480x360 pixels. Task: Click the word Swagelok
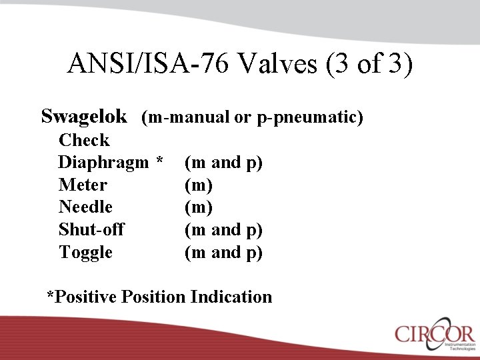click(84, 117)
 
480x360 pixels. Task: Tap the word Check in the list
click(84, 140)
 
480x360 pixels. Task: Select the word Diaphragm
click(103, 163)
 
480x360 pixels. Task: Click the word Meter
click(83, 185)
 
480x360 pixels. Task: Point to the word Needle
click(85, 207)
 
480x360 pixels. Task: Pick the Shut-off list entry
click(91, 230)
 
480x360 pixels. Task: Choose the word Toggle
click(85, 253)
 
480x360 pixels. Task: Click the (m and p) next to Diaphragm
click(223, 163)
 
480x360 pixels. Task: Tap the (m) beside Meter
click(199, 185)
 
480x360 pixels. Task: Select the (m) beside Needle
click(199, 207)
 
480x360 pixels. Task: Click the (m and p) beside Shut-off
click(223, 230)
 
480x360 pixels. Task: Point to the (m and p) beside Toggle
click(223, 253)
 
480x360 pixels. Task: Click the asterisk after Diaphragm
click(159, 161)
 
